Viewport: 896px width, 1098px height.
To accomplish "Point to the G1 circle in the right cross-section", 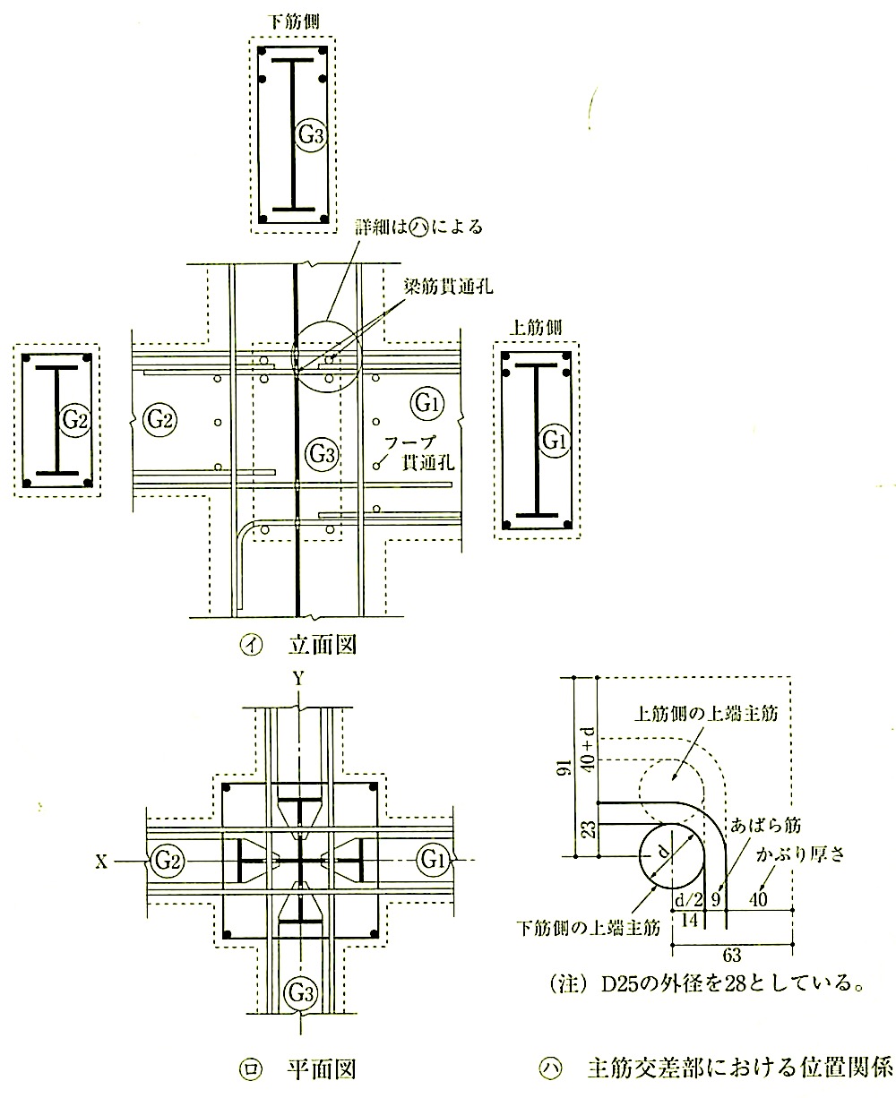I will pyautogui.click(x=551, y=440).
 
